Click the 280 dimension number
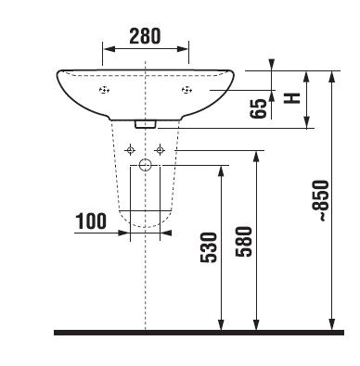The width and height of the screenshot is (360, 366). click(145, 36)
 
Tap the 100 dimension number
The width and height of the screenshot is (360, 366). click(91, 221)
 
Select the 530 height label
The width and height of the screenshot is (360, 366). click(209, 247)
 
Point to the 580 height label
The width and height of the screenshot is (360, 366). click(244, 242)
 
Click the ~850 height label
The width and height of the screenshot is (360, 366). click(320, 200)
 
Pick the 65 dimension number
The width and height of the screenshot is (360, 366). click(258, 108)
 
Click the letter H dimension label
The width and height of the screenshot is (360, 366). click(292, 98)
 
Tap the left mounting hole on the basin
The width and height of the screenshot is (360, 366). click(104, 90)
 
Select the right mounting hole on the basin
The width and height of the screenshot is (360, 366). click(186, 90)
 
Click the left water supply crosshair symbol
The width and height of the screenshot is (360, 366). click(130, 150)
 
